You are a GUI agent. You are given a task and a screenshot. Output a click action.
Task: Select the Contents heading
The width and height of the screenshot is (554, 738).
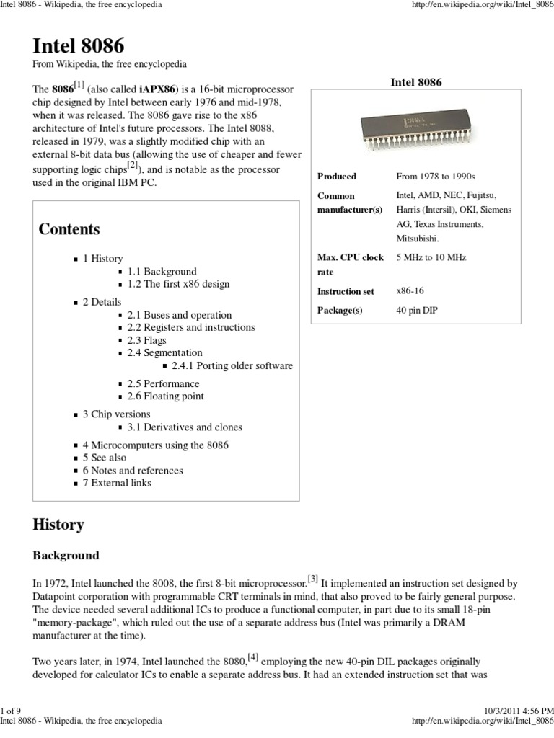tap(69, 229)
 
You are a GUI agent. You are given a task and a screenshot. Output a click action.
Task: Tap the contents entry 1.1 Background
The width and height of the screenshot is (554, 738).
tap(162, 271)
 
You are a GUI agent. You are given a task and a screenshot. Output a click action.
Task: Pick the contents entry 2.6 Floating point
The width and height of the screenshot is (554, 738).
tap(165, 396)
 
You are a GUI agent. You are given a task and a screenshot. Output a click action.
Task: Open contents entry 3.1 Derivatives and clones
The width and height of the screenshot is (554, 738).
tap(185, 427)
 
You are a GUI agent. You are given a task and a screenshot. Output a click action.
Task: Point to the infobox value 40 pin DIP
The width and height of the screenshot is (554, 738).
tap(417, 310)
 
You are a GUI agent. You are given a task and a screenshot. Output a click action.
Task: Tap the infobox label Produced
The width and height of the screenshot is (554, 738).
tap(337, 176)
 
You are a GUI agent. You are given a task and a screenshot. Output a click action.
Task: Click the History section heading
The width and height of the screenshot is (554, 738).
tap(58, 525)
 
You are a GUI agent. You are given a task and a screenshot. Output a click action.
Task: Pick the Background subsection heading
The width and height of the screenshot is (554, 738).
tap(66, 556)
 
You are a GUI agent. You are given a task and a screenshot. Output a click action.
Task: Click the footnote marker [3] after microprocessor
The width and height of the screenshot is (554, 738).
tap(312, 578)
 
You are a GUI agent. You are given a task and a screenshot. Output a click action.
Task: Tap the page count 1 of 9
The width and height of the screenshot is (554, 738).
tap(11, 711)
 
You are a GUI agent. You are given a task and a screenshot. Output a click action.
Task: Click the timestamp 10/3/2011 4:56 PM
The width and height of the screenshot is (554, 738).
tap(515, 711)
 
